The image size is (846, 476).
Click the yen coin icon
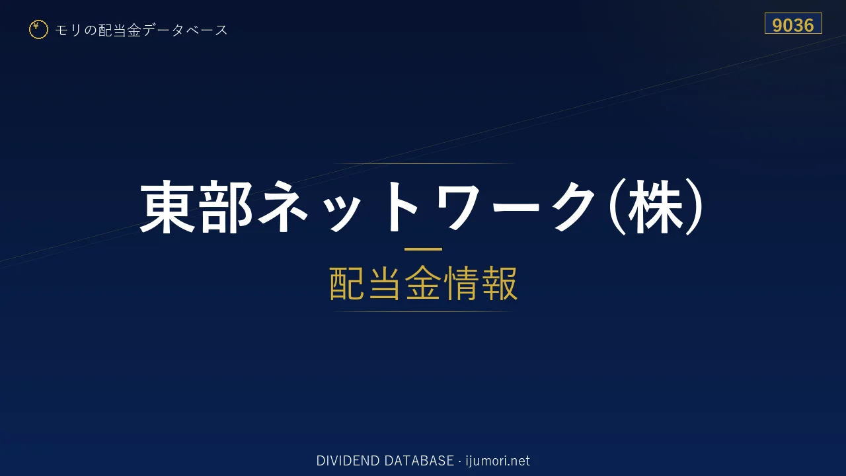38,30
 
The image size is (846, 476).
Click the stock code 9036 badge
793,23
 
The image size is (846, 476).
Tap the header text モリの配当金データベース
141,30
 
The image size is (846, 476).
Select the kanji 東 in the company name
168,206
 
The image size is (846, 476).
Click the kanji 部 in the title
226,206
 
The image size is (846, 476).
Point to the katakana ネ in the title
282,206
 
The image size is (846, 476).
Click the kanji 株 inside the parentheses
656,206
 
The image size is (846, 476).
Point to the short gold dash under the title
423,249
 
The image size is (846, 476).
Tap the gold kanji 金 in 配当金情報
423,284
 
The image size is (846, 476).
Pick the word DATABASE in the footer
419,461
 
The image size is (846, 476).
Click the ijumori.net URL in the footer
498,461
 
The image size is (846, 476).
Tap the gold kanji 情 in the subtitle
461,284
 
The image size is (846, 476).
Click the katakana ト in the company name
401,206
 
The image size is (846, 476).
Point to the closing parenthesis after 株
694,206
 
